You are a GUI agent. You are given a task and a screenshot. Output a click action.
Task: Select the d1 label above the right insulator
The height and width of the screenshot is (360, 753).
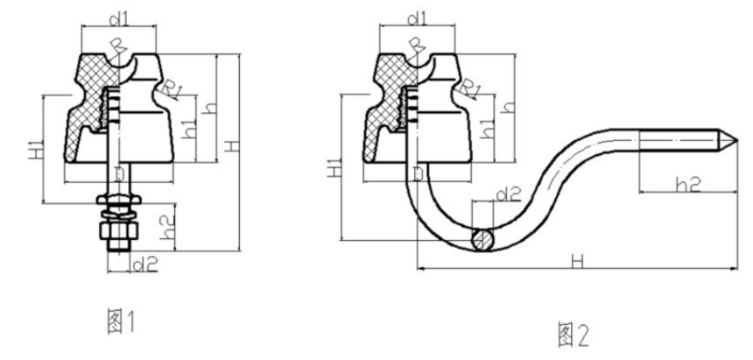click(417, 16)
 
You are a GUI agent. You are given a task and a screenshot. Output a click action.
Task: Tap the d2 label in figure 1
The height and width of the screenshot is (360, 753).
click(144, 262)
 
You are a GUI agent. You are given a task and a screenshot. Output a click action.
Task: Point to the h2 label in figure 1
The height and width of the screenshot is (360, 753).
click(168, 228)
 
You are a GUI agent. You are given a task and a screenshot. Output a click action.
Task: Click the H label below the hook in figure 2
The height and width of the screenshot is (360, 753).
click(576, 259)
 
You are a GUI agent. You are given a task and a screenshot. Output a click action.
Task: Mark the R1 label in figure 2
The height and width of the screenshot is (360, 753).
click(472, 89)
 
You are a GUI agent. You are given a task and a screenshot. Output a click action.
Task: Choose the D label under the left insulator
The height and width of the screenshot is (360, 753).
click(120, 177)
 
